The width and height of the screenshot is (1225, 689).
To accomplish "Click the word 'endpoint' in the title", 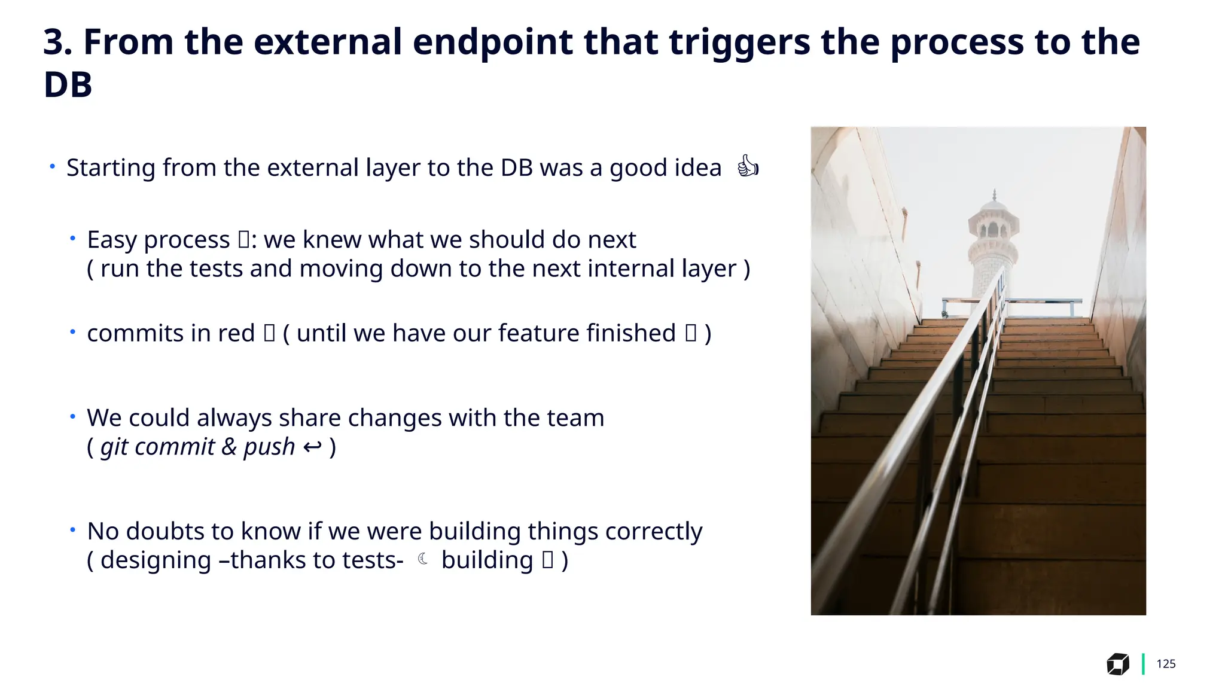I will (x=492, y=43).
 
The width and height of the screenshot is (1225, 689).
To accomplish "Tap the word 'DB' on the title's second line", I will (x=68, y=85).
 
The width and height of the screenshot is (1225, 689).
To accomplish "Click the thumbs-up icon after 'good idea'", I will (x=748, y=167).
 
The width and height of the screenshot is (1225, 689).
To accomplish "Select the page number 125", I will (x=1166, y=664).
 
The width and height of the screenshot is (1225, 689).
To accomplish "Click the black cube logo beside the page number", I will (x=1117, y=664).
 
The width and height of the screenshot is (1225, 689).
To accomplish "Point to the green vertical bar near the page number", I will (x=1143, y=664).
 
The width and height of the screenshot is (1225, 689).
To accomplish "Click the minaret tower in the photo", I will (x=994, y=245).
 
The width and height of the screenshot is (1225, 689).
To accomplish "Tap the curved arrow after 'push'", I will (x=312, y=447).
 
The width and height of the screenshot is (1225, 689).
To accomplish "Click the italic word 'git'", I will (x=114, y=447).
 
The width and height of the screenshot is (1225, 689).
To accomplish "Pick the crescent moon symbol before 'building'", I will (x=423, y=560).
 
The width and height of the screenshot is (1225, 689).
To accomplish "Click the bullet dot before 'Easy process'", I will (x=72, y=239).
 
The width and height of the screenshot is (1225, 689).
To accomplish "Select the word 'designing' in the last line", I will (x=156, y=561).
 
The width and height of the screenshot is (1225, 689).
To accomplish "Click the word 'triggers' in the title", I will (x=739, y=43).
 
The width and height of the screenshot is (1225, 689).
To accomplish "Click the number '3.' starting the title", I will (x=57, y=43).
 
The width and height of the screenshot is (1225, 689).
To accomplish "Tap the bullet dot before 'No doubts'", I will (x=72, y=530).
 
